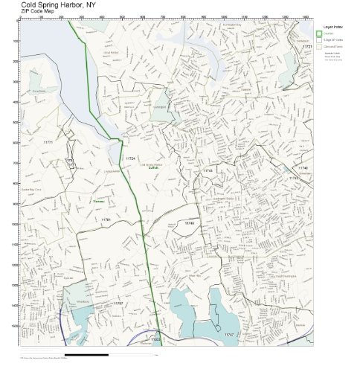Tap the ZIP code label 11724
(130, 158)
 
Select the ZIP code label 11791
(106, 220)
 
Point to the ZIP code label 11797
(118, 304)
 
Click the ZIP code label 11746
(189, 222)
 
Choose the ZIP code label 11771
(48, 141)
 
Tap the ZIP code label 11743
(208, 171)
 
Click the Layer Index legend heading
(330, 25)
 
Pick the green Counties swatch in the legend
(318, 33)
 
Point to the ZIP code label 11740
(303, 168)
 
